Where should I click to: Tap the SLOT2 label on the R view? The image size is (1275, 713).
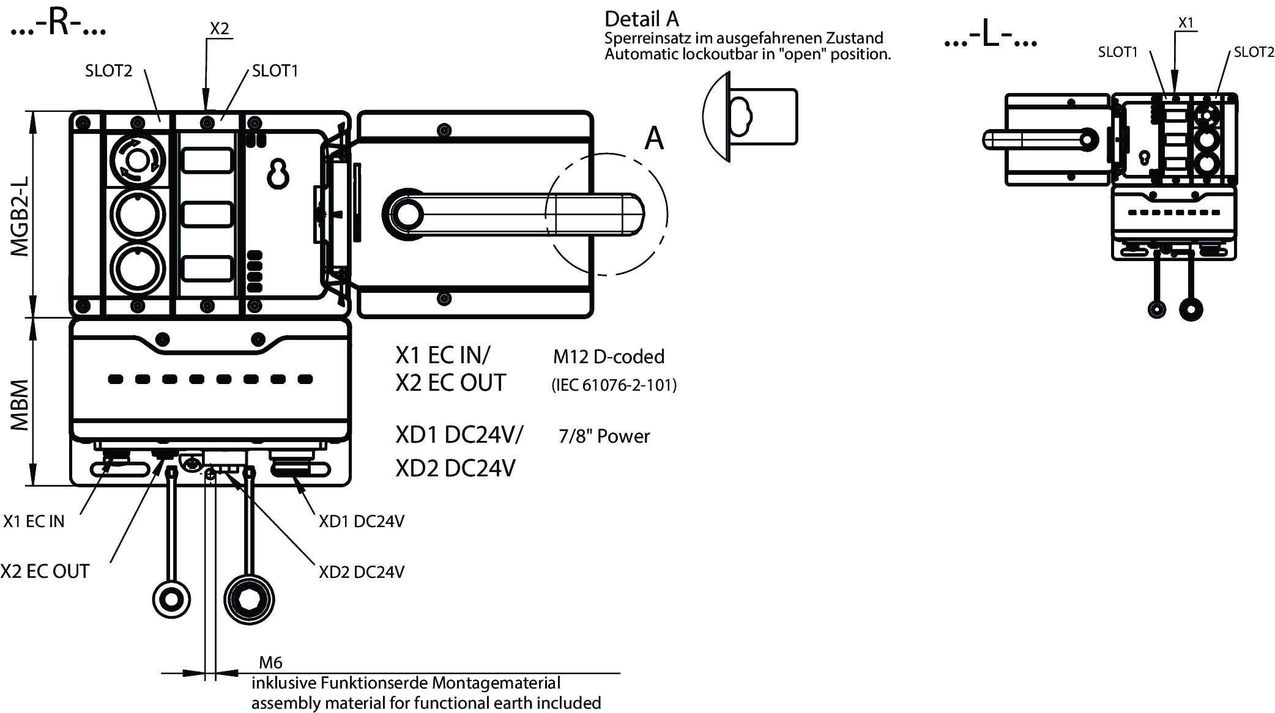pyautogui.click(x=108, y=71)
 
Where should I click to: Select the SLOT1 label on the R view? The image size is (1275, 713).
pyautogui.click(x=275, y=71)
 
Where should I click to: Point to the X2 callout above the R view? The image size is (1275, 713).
pyautogui.click(x=219, y=29)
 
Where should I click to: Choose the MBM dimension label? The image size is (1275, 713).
pyautogui.click(x=21, y=405)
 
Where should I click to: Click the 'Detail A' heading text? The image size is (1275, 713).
pyautogui.click(x=642, y=20)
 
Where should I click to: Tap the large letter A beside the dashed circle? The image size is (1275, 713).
pyautogui.click(x=654, y=139)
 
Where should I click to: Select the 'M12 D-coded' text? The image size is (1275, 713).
pyautogui.click(x=608, y=356)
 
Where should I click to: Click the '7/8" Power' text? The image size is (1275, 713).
pyautogui.click(x=604, y=436)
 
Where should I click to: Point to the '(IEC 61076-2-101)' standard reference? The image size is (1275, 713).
pyautogui.click(x=614, y=385)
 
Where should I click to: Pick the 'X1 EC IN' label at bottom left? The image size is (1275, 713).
pyautogui.click(x=34, y=521)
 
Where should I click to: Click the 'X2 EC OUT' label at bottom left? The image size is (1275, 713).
pyautogui.click(x=45, y=571)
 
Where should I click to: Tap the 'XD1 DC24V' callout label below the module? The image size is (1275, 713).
pyautogui.click(x=361, y=521)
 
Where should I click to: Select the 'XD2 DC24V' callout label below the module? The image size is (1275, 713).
pyautogui.click(x=361, y=572)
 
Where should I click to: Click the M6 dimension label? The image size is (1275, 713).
pyautogui.click(x=270, y=662)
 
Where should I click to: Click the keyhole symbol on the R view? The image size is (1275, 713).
pyautogui.click(x=278, y=174)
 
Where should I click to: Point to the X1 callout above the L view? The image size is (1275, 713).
pyautogui.click(x=1186, y=23)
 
